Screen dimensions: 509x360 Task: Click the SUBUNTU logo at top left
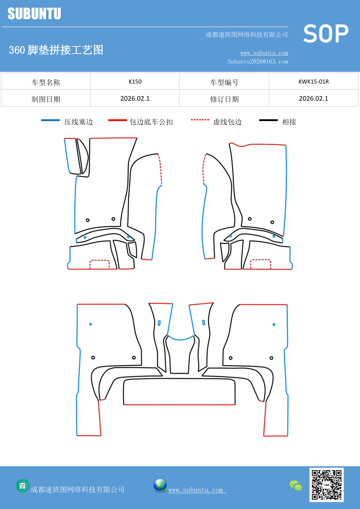(34, 14)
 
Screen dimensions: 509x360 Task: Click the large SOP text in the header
(325, 34)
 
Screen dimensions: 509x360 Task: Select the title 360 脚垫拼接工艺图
(56, 50)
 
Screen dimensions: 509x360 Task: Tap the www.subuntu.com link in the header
(264, 53)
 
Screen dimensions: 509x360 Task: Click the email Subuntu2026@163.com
(258, 62)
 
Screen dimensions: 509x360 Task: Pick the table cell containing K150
(135, 82)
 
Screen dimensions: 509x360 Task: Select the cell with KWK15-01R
(314, 82)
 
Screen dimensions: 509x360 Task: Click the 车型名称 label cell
(46, 82)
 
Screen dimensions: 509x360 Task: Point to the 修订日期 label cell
(224, 99)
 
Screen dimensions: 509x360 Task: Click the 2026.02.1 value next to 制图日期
(135, 99)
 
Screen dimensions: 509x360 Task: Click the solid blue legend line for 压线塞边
(50, 120)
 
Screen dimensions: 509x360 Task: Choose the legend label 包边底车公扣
(151, 122)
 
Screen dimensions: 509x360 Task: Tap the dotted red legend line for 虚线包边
(200, 120)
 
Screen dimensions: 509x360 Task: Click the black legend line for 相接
(268, 120)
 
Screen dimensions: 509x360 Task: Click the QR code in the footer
(326, 485)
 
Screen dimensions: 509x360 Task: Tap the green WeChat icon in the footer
(296, 485)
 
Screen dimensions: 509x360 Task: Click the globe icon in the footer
(160, 485)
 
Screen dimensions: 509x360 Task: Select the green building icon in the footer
(22, 485)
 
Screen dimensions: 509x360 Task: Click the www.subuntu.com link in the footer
(196, 490)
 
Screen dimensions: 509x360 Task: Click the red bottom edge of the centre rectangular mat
(179, 405)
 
